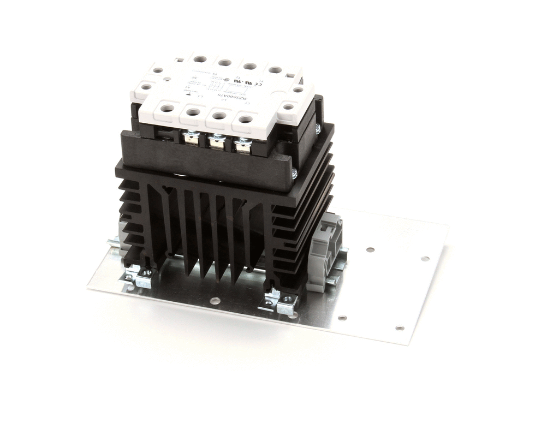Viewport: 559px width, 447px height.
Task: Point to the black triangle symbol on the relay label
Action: pyautogui.click(x=188, y=93)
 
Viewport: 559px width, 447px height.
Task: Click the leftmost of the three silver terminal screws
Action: pyautogui.click(x=190, y=135)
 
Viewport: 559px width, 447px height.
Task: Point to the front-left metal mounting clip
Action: pyautogui.click(x=138, y=276)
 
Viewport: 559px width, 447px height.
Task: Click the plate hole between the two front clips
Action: pyautogui.click(x=215, y=301)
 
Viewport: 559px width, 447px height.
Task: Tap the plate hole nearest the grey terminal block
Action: pyautogui.click(x=370, y=249)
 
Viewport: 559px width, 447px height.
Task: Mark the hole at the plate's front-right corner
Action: pyautogui.click(x=400, y=328)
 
